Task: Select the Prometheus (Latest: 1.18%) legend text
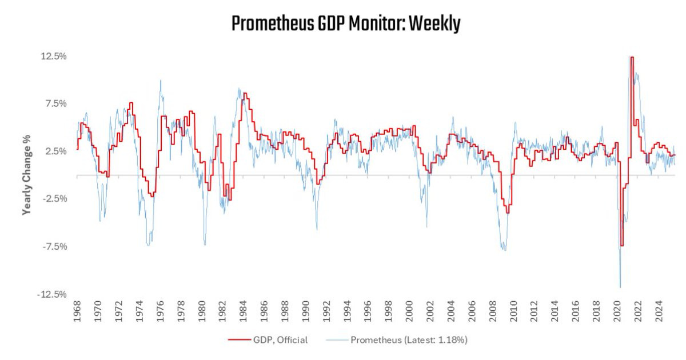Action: [409, 340]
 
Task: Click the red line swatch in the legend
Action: [241, 340]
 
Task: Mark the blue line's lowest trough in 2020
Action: [620, 287]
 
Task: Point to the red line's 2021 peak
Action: [632, 57]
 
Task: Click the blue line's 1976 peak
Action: [161, 81]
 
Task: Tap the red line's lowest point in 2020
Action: [621, 246]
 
